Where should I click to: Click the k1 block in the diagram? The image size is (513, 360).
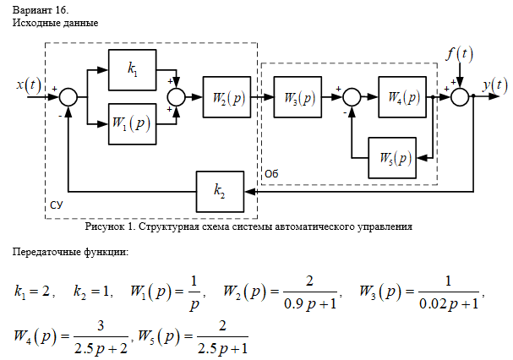point(133,71)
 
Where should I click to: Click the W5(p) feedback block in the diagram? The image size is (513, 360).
point(392,157)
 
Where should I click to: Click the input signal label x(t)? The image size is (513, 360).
point(29,85)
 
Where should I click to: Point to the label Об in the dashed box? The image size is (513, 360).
point(271,172)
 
